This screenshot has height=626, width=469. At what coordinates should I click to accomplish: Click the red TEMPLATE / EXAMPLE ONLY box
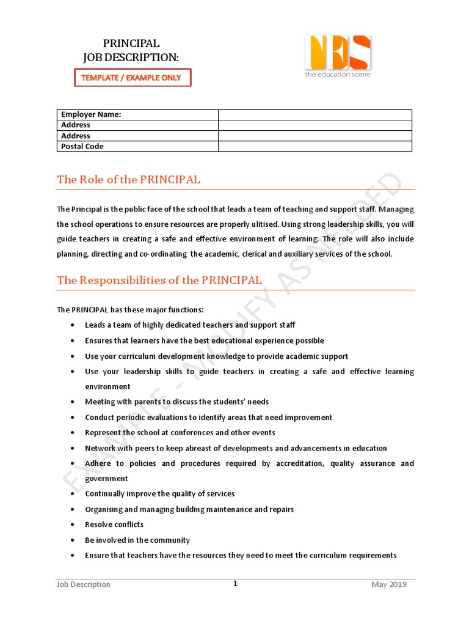tap(133, 78)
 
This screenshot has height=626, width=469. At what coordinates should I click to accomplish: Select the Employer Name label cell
tap(137, 115)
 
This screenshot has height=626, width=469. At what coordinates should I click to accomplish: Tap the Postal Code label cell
tap(137, 147)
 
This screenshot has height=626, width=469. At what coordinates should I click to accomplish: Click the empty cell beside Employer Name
tap(315, 115)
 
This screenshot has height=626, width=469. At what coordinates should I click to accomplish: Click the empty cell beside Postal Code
tap(315, 147)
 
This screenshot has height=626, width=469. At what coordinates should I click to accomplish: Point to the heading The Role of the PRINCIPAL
tap(128, 180)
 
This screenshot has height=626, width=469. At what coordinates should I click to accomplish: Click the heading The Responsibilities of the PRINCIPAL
tap(159, 281)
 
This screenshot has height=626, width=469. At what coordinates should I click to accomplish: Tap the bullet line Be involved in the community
tap(137, 540)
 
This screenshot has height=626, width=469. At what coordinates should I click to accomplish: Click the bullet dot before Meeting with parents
tap(73, 402)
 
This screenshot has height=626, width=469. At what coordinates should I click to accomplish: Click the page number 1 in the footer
tap(235, 584)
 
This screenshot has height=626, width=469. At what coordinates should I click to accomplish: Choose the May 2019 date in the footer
tap(389, 584)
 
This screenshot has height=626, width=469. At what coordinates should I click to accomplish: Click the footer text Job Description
tap(84, 584)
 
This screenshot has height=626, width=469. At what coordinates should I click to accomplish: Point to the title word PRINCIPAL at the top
tap(131, 44)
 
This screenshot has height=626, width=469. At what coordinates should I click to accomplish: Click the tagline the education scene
tap(338, 75)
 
